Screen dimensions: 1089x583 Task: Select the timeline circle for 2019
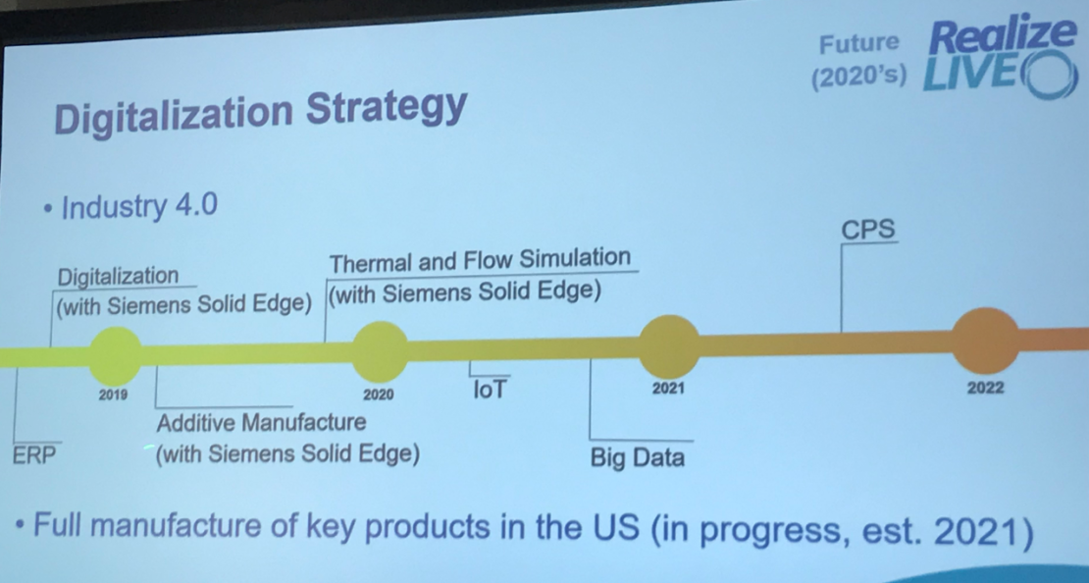pyautogui.click(x=116, y=355)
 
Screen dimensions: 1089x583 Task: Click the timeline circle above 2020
pyautogui.click(x=380, y=352)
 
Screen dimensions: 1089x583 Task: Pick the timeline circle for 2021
pyautogui.click(x=669, y=346)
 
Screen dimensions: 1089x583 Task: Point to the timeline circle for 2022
pyautogui.click(x=984, y=341)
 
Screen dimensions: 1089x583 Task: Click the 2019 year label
pyautogui.click(x=113, y=396)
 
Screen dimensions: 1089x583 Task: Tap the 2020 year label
pyautogui.click(x=379, y=395)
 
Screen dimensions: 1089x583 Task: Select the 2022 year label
pyautogui.click(x=986, y=388)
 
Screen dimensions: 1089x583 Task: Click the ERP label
pyautogui.click(x=34, y=455)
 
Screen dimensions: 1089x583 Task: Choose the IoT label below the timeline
pyautogui.click(x=491, y=390)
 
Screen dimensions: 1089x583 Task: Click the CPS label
pyautogui.click(x=868, y=230)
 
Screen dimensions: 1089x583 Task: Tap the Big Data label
pyautogui.click(x=638, y=458)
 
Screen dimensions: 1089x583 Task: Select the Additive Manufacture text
pyautogui.click(x=261, y=422)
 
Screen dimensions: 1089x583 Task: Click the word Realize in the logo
pyautogui.click(x=1003, y=37)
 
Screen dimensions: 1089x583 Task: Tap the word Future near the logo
pyautogui.click(x=858, y=44)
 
